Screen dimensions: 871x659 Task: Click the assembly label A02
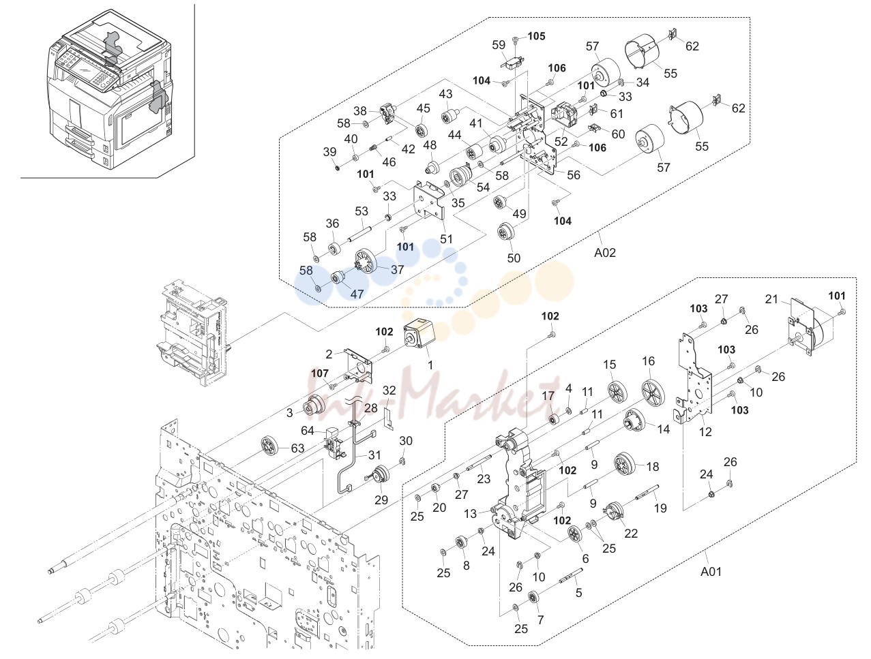pos(604,252)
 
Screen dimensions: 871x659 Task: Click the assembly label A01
pos(711,571)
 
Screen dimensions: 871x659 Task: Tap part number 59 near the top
pos(499,45)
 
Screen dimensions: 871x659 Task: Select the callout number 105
pos(537,36)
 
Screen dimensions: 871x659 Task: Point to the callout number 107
pos(319,373)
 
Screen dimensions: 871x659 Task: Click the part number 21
pos(771,298)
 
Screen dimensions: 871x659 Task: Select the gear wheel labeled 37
pos(364,260)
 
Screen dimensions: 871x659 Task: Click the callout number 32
pos(389,390)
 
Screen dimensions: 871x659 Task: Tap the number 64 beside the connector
pos(308,430)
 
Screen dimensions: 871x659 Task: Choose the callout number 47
pos(357,294)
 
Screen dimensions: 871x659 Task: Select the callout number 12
pos(705,431)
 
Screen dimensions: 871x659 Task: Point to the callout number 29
pos(381,500)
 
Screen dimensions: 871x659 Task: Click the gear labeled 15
pos(617,392)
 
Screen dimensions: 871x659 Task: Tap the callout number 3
pos(290,413)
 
